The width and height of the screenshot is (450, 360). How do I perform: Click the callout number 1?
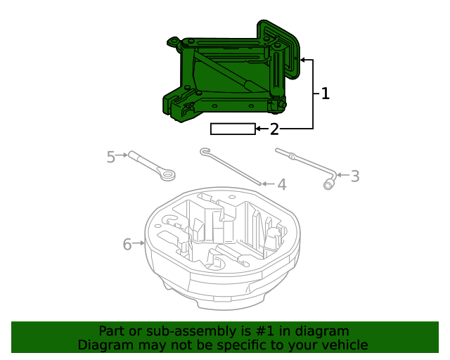[x=325, y=94]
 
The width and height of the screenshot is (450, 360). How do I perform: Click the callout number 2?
[x=274, y=129]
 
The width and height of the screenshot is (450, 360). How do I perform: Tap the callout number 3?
[x=355, y=176]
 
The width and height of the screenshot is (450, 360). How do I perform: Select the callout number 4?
[x=281, y=185]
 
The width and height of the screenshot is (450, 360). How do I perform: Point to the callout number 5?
[x=110, y=157]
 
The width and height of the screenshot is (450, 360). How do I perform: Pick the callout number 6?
[x=127, y=244]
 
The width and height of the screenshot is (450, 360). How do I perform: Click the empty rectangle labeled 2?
[x=233, y=129]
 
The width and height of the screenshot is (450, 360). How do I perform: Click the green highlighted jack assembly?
[x=225, y=77]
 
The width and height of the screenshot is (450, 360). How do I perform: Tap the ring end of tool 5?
[x=167, y=174]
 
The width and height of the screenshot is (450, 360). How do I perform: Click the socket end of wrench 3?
[x=328, y=184]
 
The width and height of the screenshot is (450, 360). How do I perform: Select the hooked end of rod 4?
[x=205, y=150]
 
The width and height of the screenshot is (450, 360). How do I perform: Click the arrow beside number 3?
[x=342, y=175]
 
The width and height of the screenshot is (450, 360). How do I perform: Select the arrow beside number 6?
[x=139, y=244]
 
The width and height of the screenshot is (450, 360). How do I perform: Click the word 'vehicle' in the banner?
[x=343, y=345]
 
